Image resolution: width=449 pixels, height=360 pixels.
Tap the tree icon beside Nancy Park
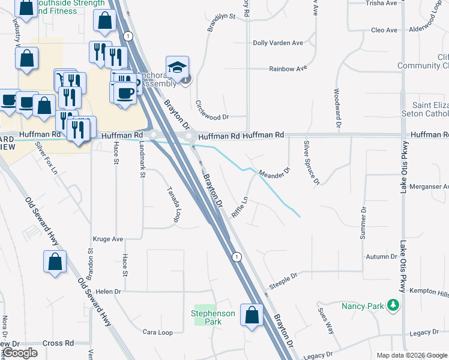[x=393, y=305]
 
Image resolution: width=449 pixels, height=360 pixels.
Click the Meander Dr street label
[x=274, y=173]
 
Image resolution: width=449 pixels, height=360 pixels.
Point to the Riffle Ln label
[x=240, y=207]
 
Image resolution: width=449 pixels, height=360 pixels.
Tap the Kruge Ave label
[x=108, y=239]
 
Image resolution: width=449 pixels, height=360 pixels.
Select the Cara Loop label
[x=157, y=332]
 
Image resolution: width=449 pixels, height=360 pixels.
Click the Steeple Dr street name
[x=283, y=281]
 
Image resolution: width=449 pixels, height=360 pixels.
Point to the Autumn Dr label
[x=382, y=257]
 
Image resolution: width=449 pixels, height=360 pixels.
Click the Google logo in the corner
[x=20, y=353]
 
